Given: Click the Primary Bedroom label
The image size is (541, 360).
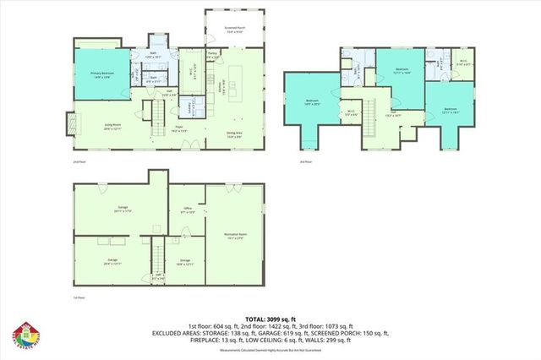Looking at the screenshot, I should pyautogui.click(x=101, y=76).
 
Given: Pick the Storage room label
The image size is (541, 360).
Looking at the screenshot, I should pyautogui.click(x=184, y=262).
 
